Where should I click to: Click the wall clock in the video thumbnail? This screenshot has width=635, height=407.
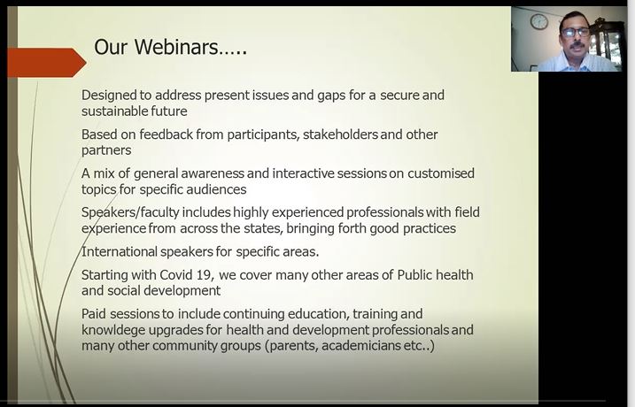coord(539,21)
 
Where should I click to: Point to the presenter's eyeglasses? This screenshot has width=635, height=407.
coord(576,33)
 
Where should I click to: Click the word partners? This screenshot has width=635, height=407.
coord(106,150)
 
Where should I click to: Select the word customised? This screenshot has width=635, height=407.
coord(441,173)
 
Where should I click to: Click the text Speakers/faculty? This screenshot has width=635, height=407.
coord(130,212)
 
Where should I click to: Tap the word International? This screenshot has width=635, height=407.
coord(120,251)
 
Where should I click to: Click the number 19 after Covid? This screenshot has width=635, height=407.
coord(204,275)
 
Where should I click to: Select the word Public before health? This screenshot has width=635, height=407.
coord(415,275)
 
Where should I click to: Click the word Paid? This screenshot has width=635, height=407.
coord(95,314)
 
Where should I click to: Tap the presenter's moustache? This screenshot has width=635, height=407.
coord(576,44)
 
